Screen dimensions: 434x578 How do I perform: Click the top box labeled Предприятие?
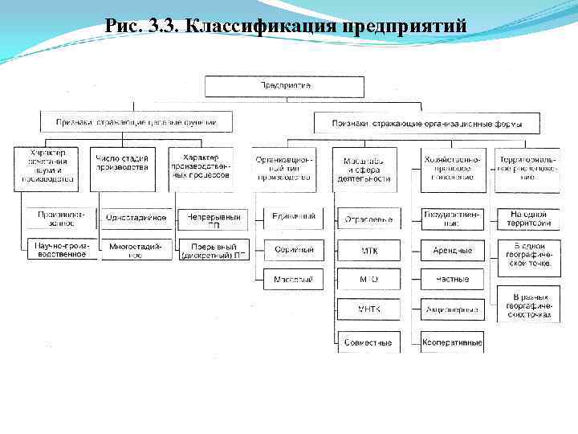[x=285, y=85]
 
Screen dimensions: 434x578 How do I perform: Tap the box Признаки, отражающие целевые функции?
[x=136, y=123]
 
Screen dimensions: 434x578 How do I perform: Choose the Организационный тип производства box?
[x=283, y=169]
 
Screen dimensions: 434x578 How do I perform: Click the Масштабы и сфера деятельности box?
[x=368, y=169]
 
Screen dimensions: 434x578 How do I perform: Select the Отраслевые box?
[x=368, y=219]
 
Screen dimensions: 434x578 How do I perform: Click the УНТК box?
[x=368, y=309]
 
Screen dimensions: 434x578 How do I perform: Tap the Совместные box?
[x=368, y=342]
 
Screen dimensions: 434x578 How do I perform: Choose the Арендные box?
[x=453, y=250]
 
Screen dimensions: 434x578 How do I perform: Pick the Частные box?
[x=453, y=280]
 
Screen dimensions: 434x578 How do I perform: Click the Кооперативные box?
[x=453, y=342]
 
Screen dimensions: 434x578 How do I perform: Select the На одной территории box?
[x=528, y=219]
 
